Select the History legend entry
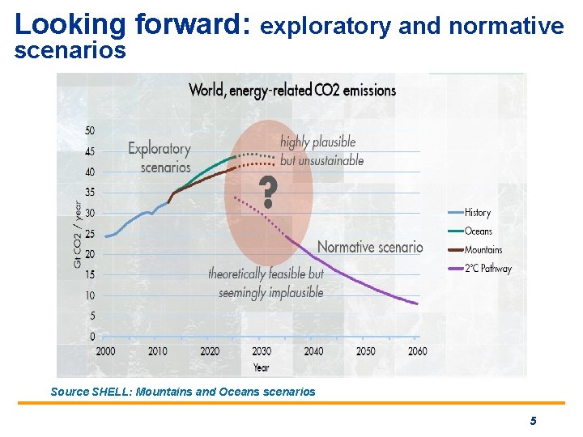click(x=477, y=213)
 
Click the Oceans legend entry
click(x=478, y=231)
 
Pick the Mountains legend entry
click(x=483, y=250)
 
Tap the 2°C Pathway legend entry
click(x=487, y=269)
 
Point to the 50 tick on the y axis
click(x=90, y=131)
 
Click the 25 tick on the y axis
click(x=90, y=234)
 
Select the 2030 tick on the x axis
click(x=262, y=351)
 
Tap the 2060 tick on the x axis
click(x=417, y=351)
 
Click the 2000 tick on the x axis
click(x=105, y=351)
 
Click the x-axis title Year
click(x=261, y=367)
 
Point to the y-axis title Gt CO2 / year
click(x=78, y=234)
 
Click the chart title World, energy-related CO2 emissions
click(x=292, y=90)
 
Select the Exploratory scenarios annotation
click(x=160, y=158)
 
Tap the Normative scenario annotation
click(x=370, y=247)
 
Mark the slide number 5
click(x=533, y=421)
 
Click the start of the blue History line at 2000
click(x=105, y=236)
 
